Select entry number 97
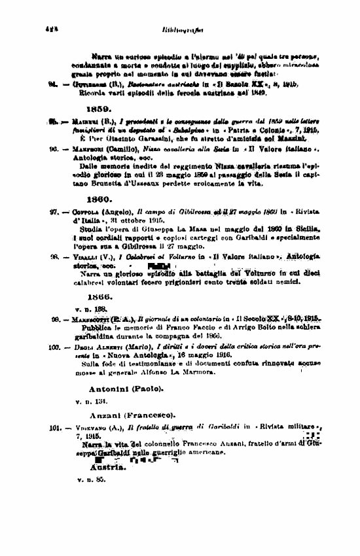coord(53,211)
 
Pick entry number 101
coord(55,427)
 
